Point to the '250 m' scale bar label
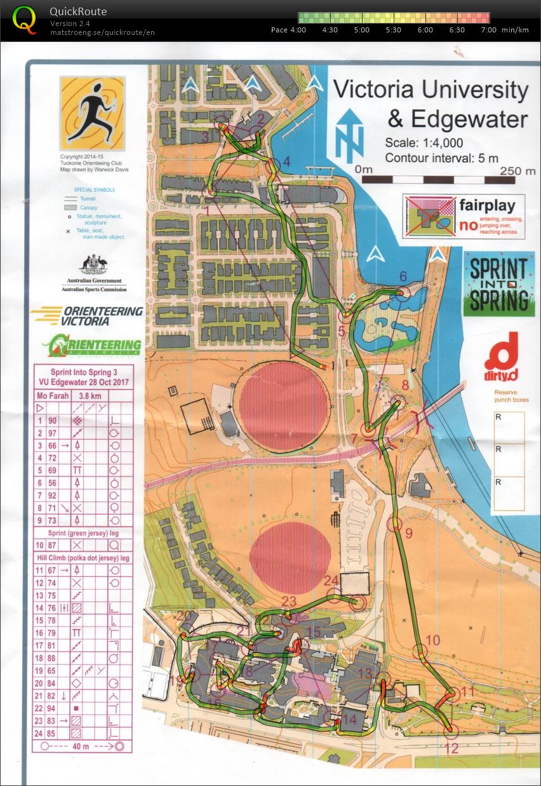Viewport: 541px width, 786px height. coord(518,170)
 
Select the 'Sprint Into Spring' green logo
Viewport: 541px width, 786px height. coord(498,283)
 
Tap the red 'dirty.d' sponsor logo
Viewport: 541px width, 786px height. coord(501,353)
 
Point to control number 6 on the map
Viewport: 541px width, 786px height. coord(402,277)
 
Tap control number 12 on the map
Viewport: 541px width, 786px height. coord(451,749)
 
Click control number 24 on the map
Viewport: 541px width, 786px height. coord(331,580)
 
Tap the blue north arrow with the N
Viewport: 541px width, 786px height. coord(349,135)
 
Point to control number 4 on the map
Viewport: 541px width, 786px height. coord(286,162)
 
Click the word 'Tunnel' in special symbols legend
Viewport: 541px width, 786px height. coord(97,199)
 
